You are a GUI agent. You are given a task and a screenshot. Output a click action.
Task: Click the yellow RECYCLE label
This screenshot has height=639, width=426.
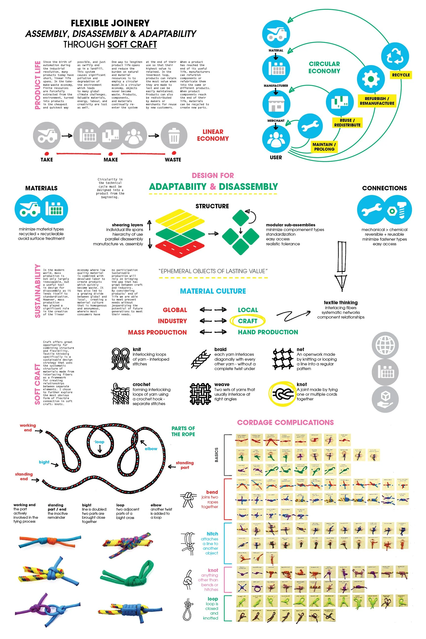point(401,75)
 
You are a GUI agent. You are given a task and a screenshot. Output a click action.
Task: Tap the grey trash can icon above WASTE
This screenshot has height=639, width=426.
point(174,136)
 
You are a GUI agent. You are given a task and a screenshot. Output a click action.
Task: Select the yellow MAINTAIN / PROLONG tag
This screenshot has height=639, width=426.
point(324,147)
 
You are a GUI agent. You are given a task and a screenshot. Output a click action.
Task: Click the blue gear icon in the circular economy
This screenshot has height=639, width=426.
point(371,79)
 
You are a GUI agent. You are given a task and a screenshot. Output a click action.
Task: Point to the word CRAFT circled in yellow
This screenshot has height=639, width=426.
point(248,321)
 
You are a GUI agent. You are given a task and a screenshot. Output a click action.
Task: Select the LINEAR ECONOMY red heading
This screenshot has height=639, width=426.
point(213,135)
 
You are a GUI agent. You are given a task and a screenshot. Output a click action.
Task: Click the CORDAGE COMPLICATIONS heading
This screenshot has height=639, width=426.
point(285,422)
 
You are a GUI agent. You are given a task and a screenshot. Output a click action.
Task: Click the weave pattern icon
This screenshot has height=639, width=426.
point(200,394)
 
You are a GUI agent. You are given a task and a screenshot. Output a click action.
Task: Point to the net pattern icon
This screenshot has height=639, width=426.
point(283,359)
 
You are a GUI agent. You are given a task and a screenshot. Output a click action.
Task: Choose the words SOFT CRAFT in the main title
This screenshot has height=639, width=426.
point(132,44)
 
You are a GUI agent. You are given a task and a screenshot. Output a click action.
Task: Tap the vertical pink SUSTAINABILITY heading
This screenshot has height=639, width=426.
point(37,291)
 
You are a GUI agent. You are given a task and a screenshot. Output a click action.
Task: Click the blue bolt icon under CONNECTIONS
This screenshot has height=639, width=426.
point(397,210)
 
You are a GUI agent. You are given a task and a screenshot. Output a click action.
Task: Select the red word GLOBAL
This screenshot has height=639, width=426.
point(175,310)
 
